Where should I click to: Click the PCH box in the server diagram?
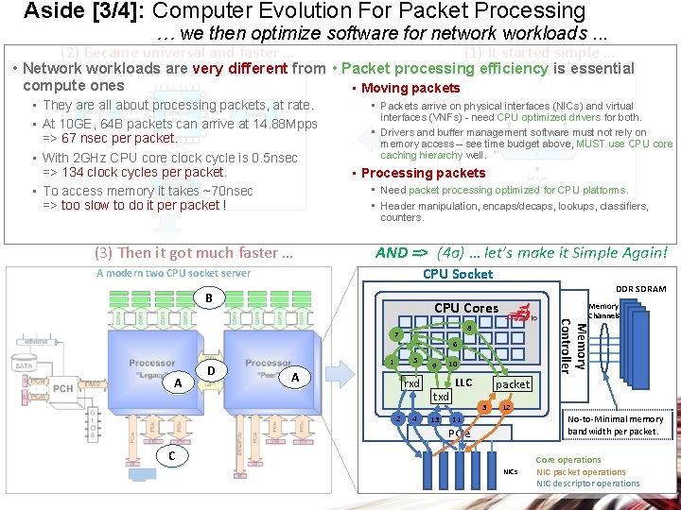point(63,387)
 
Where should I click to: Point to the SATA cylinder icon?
point(26,364)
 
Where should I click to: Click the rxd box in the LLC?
point(411,383)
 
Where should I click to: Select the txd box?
point(441,397)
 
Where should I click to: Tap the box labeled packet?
point(513,384)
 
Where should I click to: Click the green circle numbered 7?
point(397,335)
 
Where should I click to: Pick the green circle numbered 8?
point(469,327)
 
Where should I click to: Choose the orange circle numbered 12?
point(507,407)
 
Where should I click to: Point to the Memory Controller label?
point(572,346)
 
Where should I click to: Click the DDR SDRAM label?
point(640,289)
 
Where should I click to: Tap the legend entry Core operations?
point(567,460)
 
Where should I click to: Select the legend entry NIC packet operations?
point(581,472)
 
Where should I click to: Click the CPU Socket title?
point(457,274)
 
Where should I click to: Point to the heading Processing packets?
point(423,173)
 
